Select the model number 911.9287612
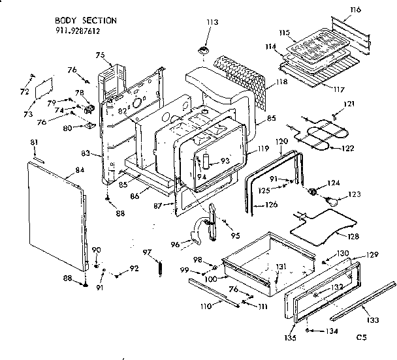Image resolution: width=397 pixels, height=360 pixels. (x=78, y=30)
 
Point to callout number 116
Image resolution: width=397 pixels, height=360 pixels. (x=373, y=10)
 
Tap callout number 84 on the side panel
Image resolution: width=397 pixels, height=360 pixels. (x=80, y=171)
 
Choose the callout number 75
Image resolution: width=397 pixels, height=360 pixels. (x=100, y=55)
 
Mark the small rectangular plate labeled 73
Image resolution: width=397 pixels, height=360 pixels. (x=44, y=86)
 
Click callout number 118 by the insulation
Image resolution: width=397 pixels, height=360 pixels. (x=281, y=82)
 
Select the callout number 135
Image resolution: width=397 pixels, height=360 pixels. (x=291, y=337)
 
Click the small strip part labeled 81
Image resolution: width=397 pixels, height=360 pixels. (x=38, y=158)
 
